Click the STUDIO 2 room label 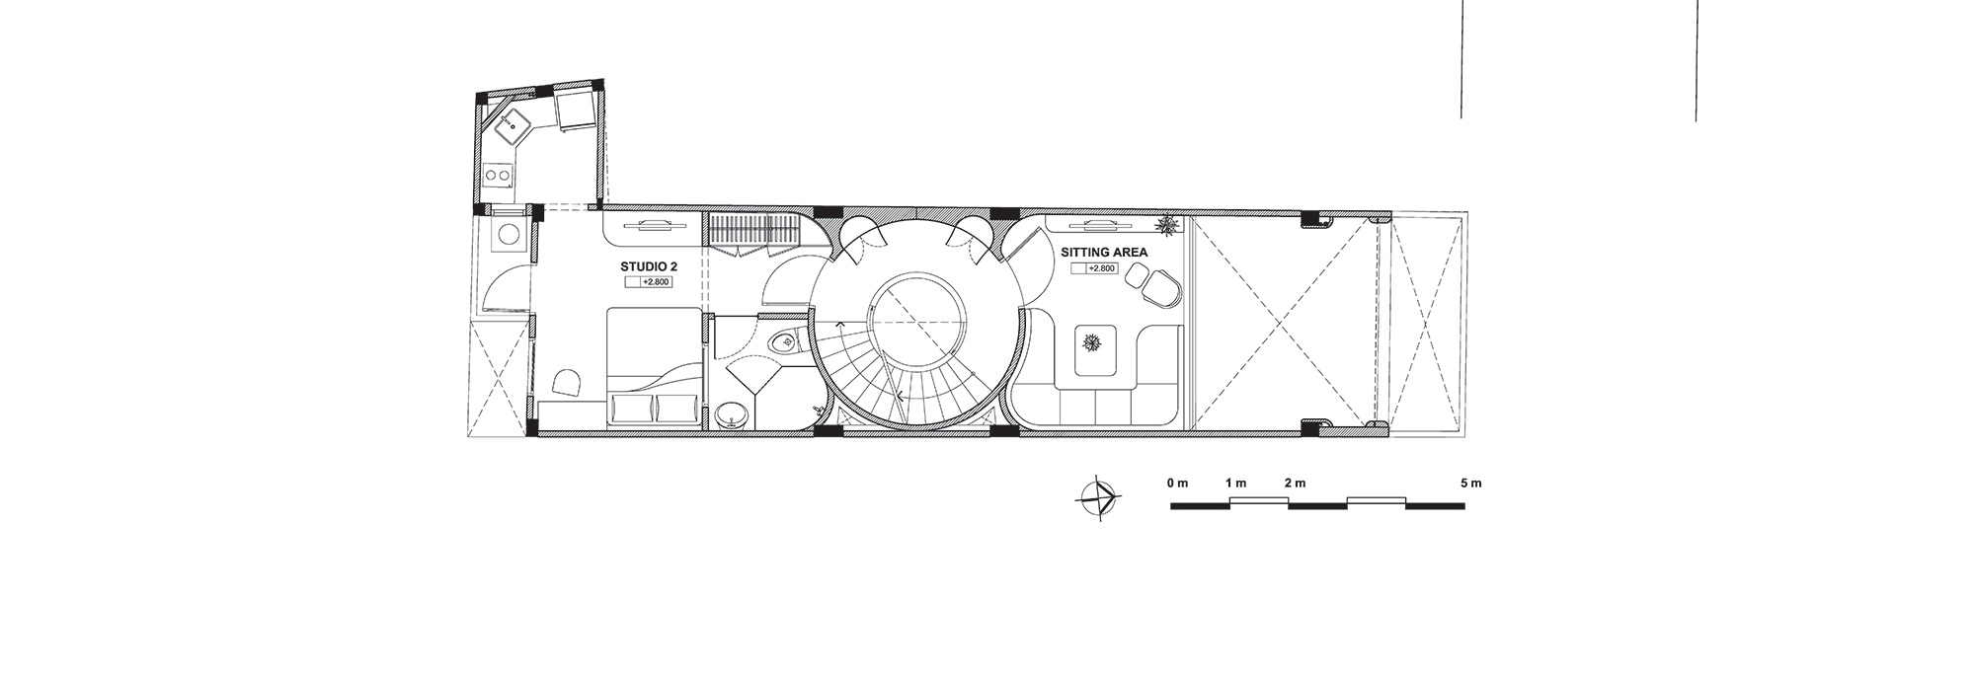(x=648, y=266)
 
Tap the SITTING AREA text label (x=1104, y=253)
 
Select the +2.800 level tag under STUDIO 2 (x=649, y=282)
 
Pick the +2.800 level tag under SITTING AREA (x=1094, y=268)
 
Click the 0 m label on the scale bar (x=1176, y=484)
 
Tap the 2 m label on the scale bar (x=1295, y=484)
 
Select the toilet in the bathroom (x=784, y=342)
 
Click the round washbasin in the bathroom (x=733, y=415)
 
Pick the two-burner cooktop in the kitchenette (x=497, y=177)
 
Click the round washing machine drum (x=510, y=235)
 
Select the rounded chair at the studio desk (x=568, y=383)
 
